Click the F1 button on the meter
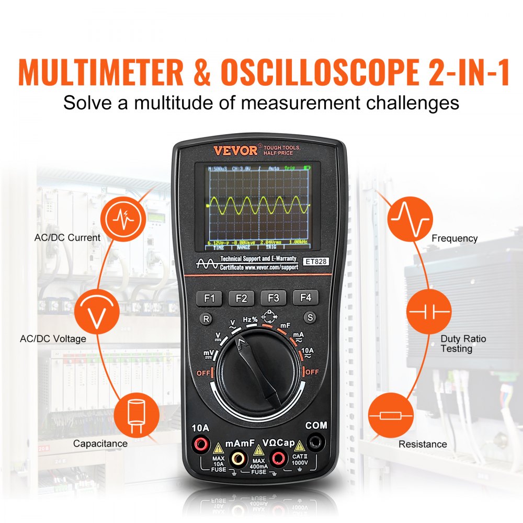point(210,298)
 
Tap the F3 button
point(274,298)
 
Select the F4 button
point(305,298)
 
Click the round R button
point(207,317)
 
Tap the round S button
point(310,317)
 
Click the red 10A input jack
point(200,445)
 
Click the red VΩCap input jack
point(278,459)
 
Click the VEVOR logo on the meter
point(235,151)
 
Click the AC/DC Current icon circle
point(123,220)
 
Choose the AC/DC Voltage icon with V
point(97,313)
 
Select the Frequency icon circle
point(410,219)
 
